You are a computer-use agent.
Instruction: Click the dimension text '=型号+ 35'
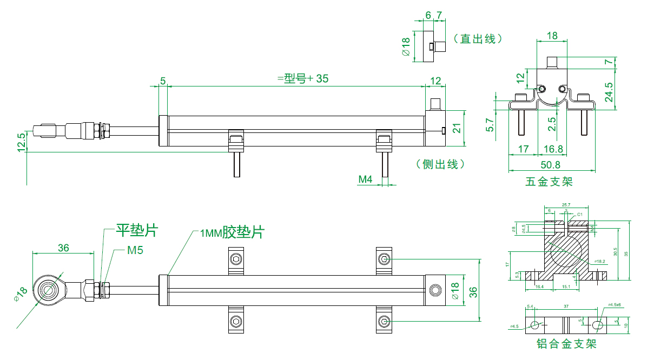(x=303, y=78)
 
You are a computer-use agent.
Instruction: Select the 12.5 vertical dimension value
(x=21, y=142)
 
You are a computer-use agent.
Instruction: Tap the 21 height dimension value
(x=457, y=128)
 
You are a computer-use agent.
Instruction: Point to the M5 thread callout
(x=135, y=250)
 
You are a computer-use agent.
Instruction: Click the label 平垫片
(x=137, y=231)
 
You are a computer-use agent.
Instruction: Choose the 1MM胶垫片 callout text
(x=232, y=233)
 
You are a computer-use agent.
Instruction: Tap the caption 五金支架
(x=549, y=182)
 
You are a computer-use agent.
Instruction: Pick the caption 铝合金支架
(x=566, y=344)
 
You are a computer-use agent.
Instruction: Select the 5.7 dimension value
(x=490, y=125)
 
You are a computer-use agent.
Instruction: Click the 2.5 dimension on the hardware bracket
(x=551, y=124)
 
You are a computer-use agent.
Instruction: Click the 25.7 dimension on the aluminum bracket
(x=566, y=205)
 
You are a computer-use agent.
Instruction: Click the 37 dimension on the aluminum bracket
(x=566, y=306)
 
